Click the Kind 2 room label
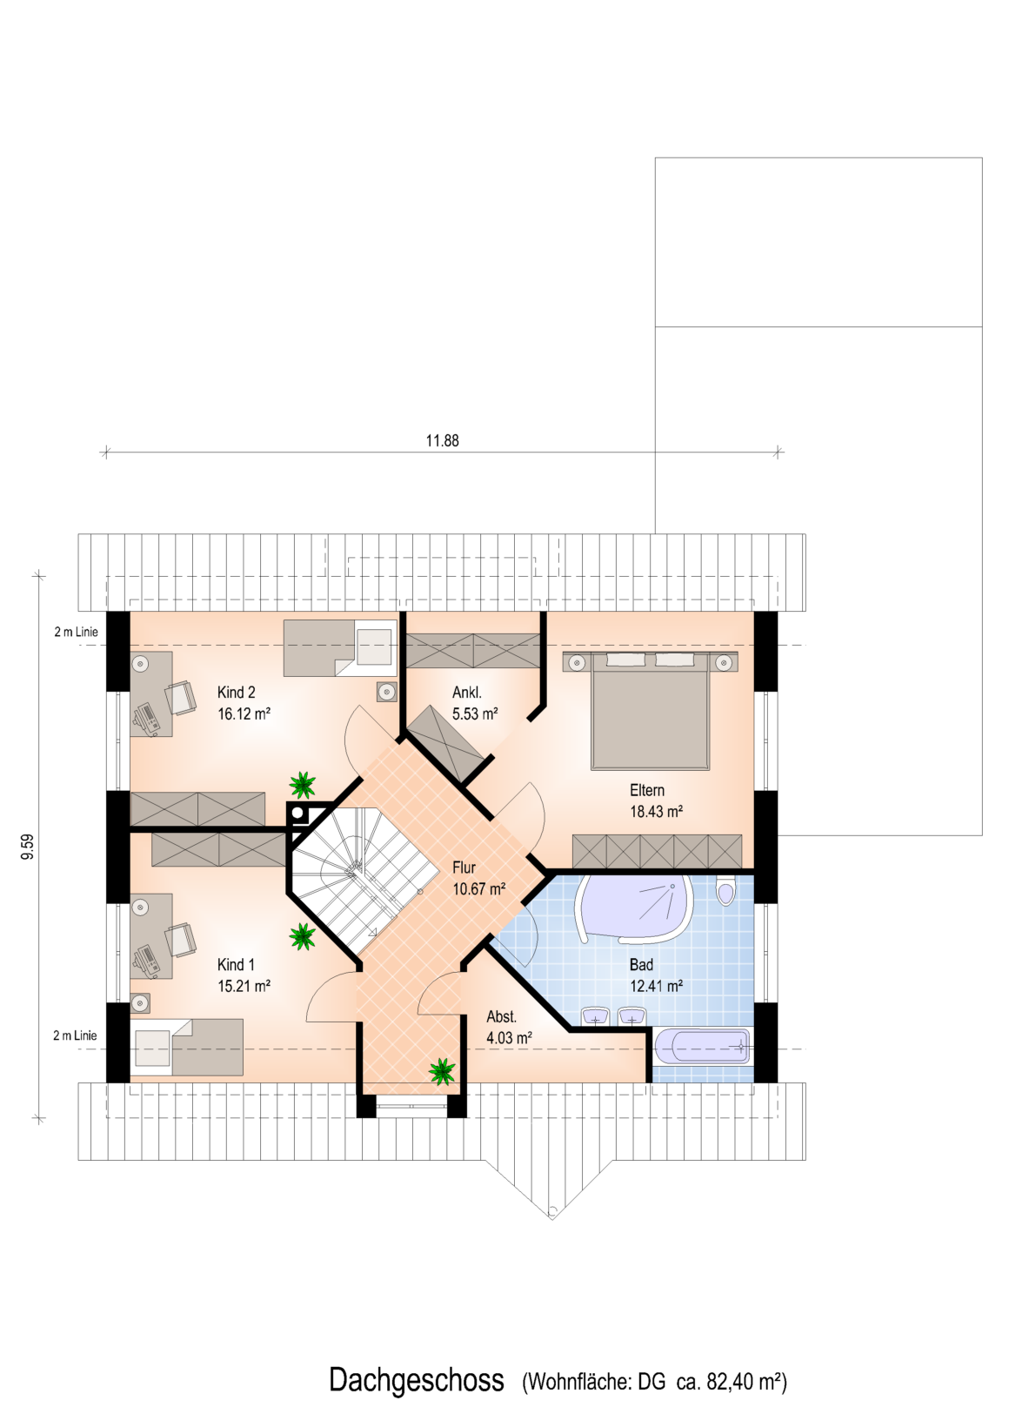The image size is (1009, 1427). tap(237, 692)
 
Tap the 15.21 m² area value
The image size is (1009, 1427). tap(244, 986)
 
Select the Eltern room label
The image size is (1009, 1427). tap(647, 790)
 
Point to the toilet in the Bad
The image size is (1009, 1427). tap(725, 890)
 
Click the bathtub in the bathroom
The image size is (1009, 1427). tap(701, 1046)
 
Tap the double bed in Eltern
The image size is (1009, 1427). tap(651, 710)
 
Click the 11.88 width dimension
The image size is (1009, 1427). tap(442, 440)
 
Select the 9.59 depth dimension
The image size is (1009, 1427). tap(27, 847)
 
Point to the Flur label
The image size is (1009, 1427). tap(464, 867)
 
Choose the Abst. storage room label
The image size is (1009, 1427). tap(501, 1016)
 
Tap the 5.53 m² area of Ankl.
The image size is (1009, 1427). tap(475, 713)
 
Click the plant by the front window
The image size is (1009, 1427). tap(442, 1071)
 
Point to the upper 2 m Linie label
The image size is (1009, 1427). tap(76, 632)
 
